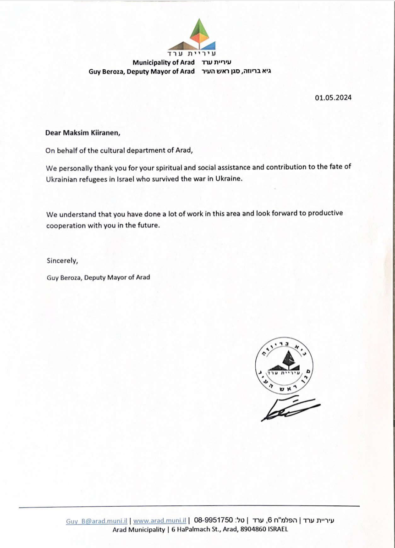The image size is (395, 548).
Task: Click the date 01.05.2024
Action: pyautogui.click(x=333, y=97)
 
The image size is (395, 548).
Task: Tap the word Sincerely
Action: pyautogui.click(x=62, y=260)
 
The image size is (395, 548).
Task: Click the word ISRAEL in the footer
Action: pyautogui.click(x=276, y=530)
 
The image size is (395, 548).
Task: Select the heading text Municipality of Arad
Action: pyautogui.click(x=164, y=62)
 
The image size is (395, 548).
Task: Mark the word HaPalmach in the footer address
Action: pyautogui.click(x=193, y=530)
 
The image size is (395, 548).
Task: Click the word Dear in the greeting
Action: pyautogui.click(x=53, y=133)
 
